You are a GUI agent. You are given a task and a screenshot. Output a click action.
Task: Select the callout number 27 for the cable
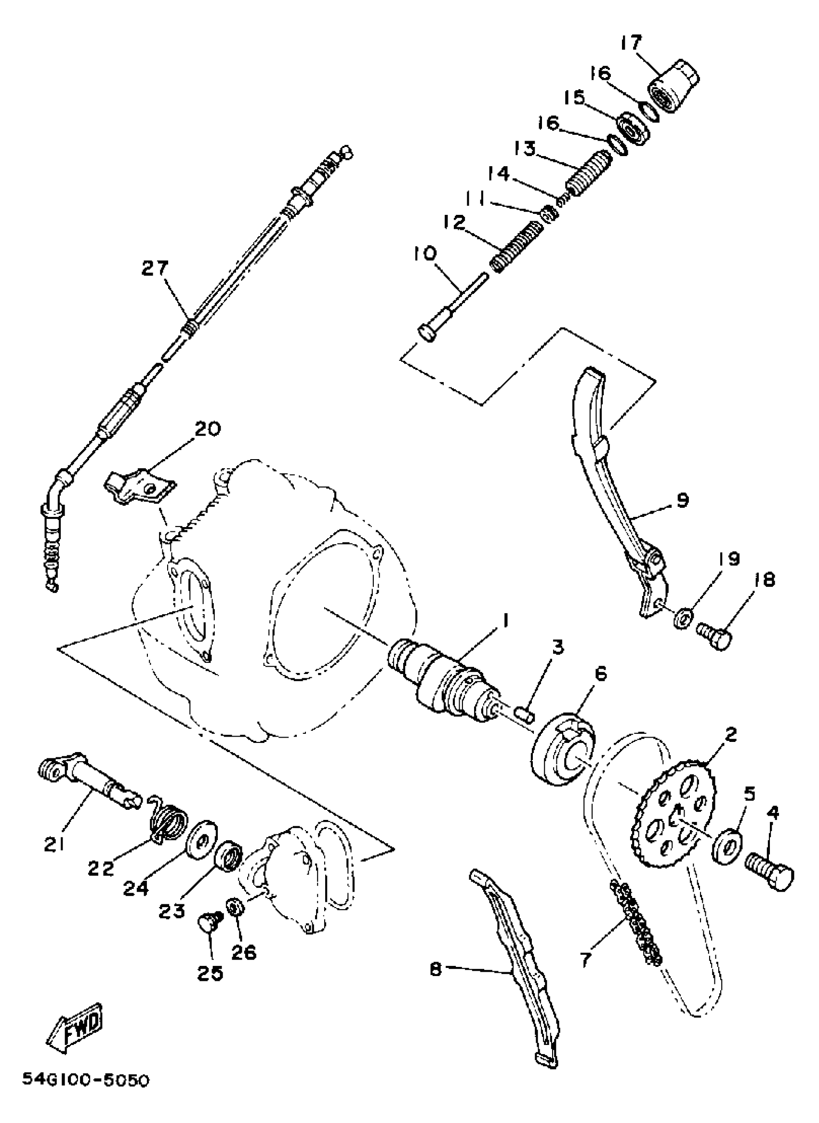coord(155,269)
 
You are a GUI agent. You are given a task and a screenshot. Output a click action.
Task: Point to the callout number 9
coord(683,501)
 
